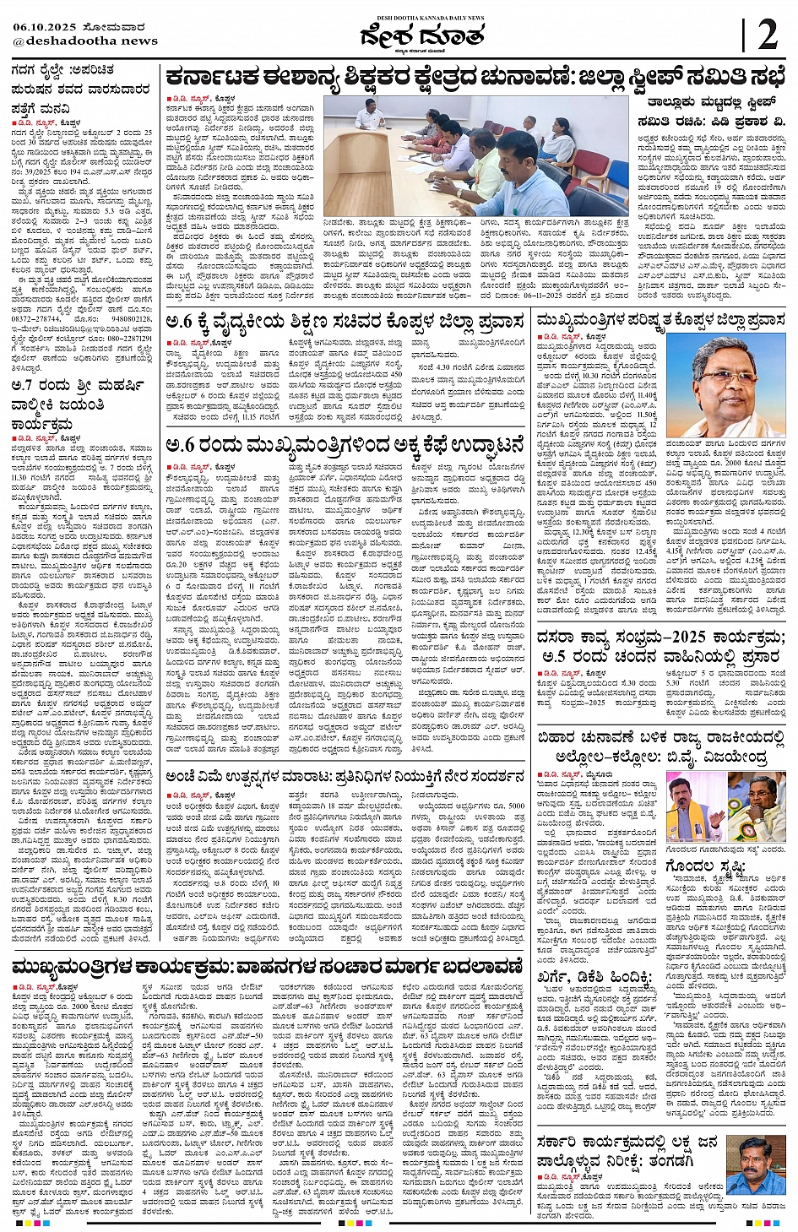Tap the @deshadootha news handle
coord(85,41)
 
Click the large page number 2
coord(767,36)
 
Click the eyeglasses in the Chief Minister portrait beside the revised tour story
coord(728,376)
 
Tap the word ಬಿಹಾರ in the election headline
coord(562,738)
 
